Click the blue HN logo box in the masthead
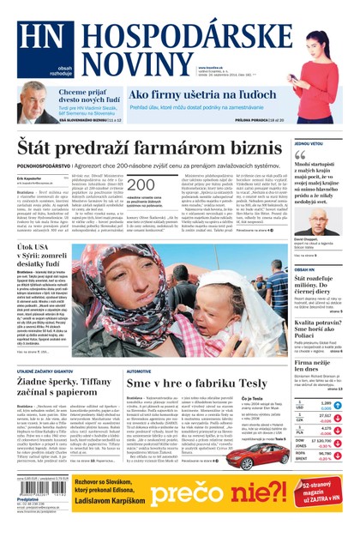click(32, 44)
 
